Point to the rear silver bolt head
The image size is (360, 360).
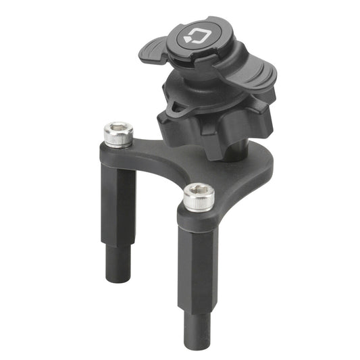(x=118, y=133)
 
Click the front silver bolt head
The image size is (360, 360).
(x=199, y=196)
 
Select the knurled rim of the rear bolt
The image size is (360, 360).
(x=118, y=140)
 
